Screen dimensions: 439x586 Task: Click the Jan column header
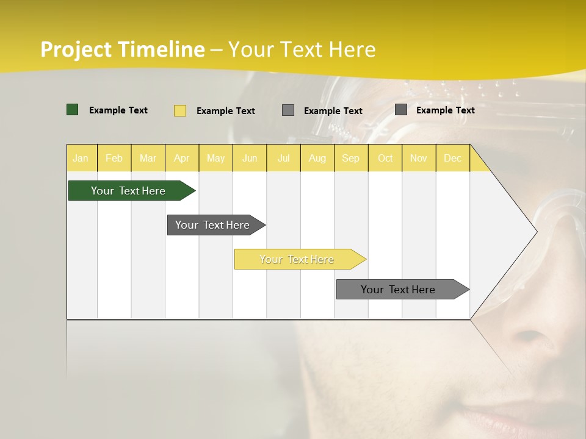[81, 158]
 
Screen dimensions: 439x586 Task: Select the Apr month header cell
[182, 158]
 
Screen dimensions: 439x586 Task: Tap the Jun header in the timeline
[250, 158]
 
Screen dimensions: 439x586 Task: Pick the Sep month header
[351, 158]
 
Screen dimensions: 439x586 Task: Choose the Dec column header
[453, 158]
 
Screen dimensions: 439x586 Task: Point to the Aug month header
[317, 158]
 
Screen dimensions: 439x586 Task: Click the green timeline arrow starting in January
[128, 191]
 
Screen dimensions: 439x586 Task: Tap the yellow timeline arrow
[298, 259]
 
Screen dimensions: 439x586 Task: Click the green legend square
[73, 110]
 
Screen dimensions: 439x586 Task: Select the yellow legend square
[180, 110]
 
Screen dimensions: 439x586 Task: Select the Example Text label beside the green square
[118, 110]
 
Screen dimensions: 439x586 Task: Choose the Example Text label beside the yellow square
[226, 111]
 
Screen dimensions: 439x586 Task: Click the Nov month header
[419, 158]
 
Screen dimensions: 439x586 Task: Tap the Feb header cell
[114, 158]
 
